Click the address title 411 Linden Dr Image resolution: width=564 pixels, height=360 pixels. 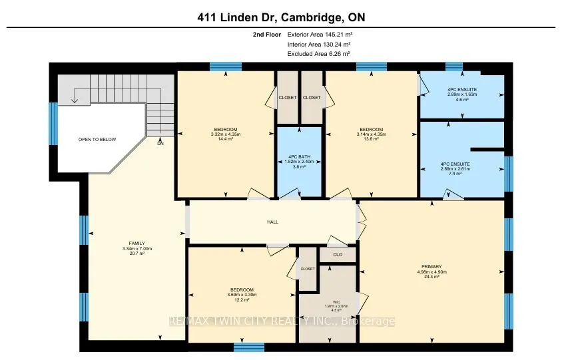tap(282, 16)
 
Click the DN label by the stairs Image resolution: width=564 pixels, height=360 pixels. tap(160, 143)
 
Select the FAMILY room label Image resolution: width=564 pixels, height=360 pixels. tap(137, 243)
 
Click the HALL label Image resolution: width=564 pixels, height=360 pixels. tap(273, 222)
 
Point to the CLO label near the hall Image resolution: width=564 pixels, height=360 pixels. tap(338, 254)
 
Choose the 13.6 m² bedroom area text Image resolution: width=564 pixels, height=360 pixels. tap(371, 139)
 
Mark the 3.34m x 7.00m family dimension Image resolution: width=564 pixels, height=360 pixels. tap(137, 249)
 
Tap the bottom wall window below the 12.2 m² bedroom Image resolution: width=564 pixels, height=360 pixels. tap(248, 347)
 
